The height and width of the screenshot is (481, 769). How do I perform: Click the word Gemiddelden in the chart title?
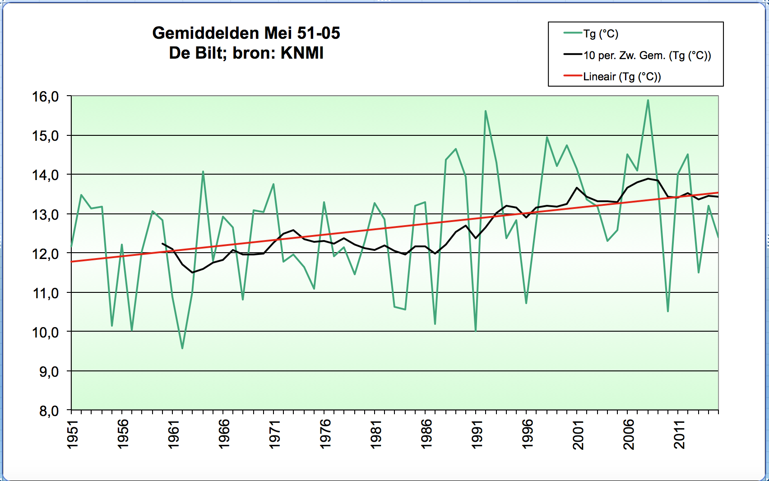click(x=205, y=34)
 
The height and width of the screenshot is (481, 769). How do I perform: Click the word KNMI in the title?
click(x=302, y=53)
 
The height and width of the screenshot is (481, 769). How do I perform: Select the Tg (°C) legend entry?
click(x=591, y=34)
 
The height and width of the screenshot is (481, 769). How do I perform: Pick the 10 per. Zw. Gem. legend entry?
click(x=637, y=55)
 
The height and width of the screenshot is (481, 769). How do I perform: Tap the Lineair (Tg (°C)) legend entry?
click(x=612, y=76)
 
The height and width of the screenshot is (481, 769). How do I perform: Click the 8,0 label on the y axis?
click(x=49, y=411)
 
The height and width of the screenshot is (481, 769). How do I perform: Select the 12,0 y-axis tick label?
click(x=46, y=254)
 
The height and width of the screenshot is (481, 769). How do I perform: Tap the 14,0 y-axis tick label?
click(x=46, y=175)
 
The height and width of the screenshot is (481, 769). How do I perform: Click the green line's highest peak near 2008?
click(x=648, y=100)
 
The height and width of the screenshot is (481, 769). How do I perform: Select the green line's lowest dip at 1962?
click(x=182, y=348)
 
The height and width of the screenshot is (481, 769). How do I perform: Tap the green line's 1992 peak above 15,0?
click(x=486, y=111)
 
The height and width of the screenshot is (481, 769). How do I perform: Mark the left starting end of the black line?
click(x=162, y=244)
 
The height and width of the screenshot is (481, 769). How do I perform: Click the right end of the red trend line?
click(x=718, y=193)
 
